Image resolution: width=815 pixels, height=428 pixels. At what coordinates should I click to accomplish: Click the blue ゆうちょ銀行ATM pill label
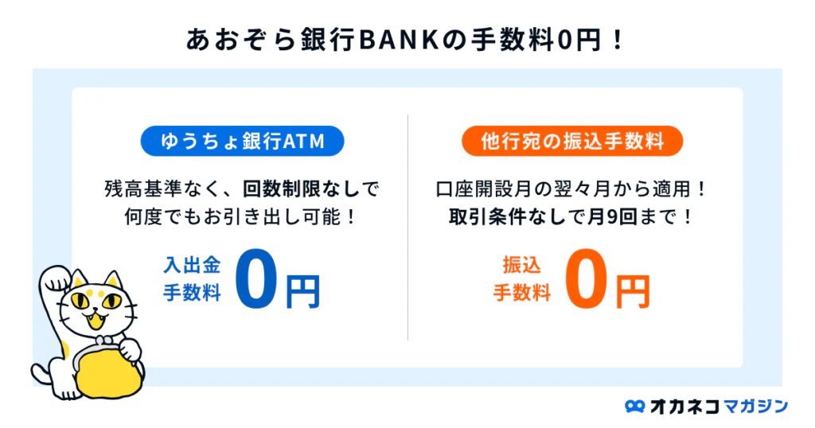point(242,141)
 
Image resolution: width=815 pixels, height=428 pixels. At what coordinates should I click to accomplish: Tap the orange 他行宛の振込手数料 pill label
point(572,141)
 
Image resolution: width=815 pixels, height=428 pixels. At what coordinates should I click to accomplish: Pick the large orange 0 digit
point(586,278)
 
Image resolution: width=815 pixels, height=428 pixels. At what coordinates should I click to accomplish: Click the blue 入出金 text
point(192,265)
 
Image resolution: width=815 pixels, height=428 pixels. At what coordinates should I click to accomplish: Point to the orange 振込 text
point(522,265)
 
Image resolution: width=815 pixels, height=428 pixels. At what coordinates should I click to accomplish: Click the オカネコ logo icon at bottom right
point(634,407)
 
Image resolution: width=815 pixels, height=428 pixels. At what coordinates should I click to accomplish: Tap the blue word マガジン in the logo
point(756,406)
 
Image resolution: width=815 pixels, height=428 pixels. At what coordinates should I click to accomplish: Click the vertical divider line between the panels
point(408,228)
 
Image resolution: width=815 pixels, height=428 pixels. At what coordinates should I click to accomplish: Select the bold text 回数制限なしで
point(311,189)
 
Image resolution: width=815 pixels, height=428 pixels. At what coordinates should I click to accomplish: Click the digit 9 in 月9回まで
point(612,216)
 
